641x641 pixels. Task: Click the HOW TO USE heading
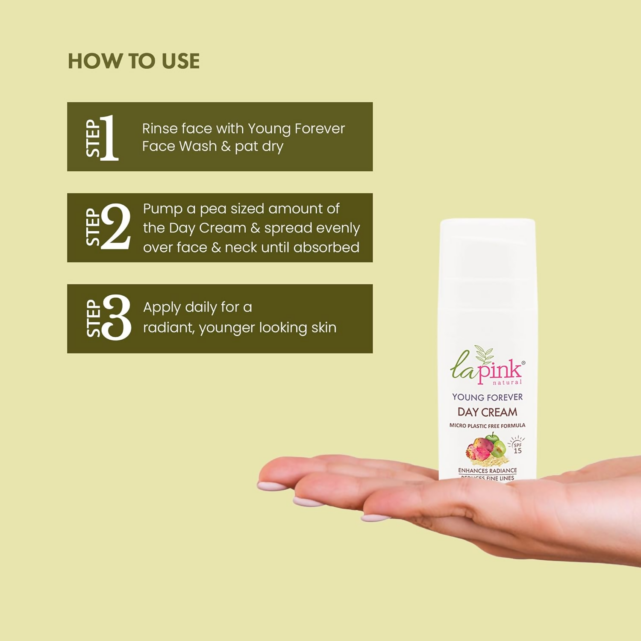[134, 61]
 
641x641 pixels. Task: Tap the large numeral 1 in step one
[109, 138]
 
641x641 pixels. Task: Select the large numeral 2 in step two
[116, 226]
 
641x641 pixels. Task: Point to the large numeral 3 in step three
[117, 318]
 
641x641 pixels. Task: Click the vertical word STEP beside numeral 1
[93, 138]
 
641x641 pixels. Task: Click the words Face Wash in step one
[179, 146]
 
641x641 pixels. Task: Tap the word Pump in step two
[162, 209]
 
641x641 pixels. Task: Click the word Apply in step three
[162, 308]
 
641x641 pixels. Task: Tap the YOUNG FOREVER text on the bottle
[487, 397]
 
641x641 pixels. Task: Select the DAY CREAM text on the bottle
[487, 412]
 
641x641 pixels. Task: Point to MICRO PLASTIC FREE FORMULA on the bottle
[487, 426]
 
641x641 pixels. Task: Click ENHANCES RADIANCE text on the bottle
[487, 470]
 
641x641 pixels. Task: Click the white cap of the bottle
[488, 248]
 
